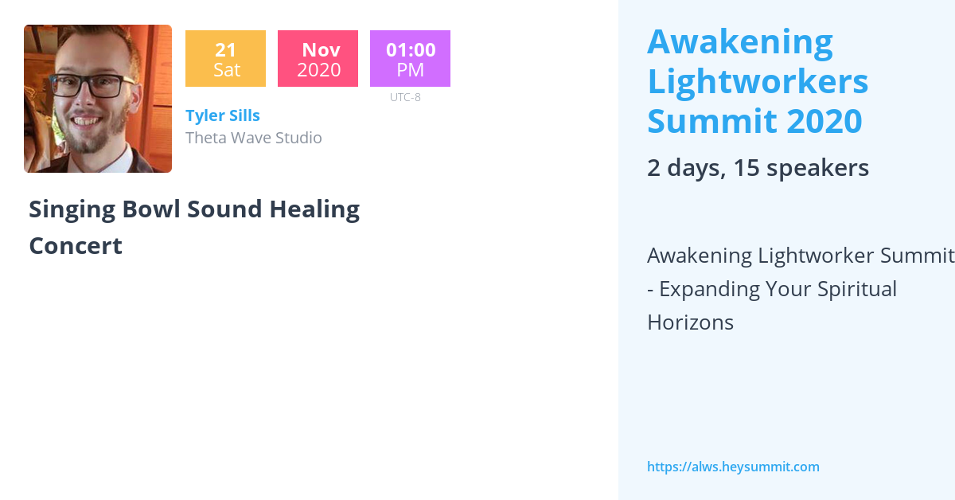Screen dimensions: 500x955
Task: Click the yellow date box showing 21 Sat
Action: pos(225,59)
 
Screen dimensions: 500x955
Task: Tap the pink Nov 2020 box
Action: pos(318,59)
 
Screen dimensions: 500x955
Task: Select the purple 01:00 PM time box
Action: pos(410,59)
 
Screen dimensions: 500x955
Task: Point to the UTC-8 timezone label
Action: pos(405,97)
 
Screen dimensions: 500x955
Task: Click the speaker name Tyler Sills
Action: pos(223,115)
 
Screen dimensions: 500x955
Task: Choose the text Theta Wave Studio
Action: pos(254,138)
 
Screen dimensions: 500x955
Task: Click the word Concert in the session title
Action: pos(76,246)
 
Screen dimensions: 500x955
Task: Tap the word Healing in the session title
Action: pos(314,209)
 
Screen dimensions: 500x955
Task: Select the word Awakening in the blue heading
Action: pos(740,42)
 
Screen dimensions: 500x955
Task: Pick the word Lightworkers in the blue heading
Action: pos(758,81)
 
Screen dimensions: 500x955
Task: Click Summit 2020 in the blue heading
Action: pos(754,121)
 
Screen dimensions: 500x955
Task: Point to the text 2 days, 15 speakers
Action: pos(758,168)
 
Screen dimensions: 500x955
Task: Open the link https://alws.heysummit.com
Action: pos(733,467)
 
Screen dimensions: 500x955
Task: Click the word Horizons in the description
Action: pos(690,322)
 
